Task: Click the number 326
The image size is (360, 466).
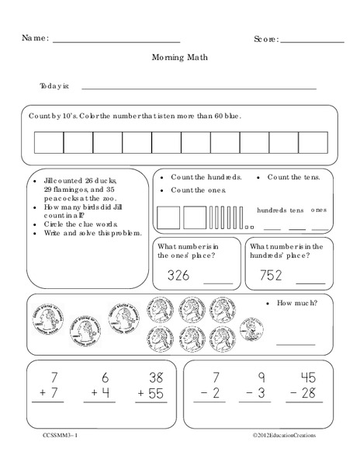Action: (x=178, y=275)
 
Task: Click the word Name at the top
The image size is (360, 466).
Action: (x=36, y=37)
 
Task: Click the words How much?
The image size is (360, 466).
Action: (x=293, y=304)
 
